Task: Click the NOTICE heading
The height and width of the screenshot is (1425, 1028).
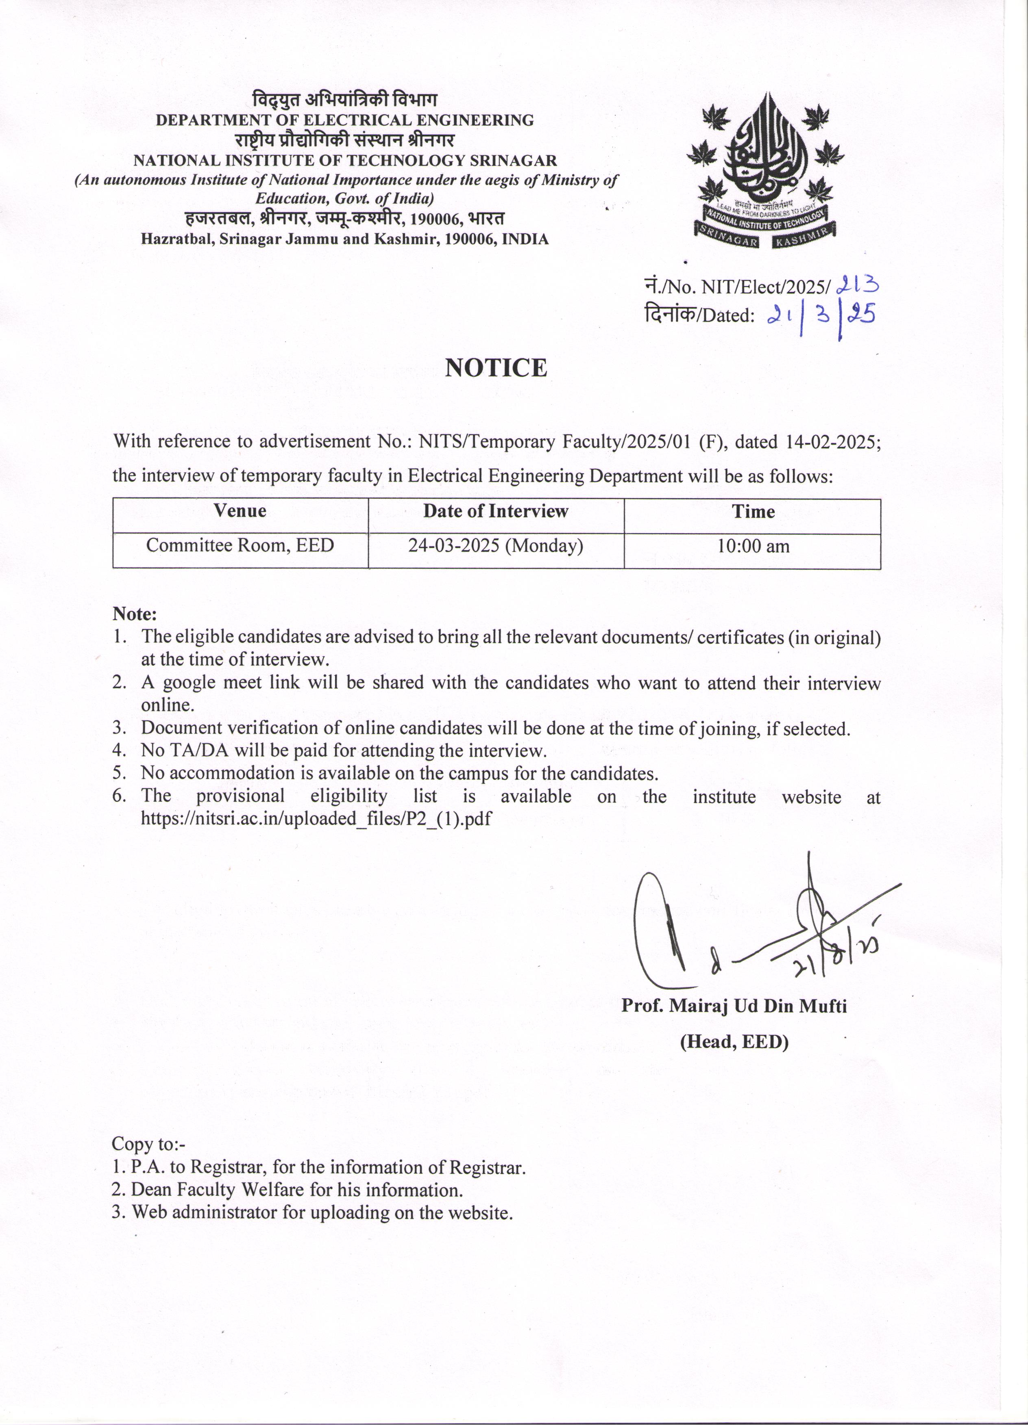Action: click(x=496, y=368)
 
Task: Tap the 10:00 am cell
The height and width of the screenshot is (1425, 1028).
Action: click(x=753, y=545)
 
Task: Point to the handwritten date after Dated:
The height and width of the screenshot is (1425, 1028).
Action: click(x=821, y=315)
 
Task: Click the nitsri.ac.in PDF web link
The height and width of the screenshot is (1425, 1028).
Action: click(x=316, y=819)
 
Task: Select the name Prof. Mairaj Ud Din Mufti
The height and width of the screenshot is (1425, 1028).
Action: click(x=734, y=1006)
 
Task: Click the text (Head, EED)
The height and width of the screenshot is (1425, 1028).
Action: click(x=734, y=1042)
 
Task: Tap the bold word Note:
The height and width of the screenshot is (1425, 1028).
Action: click(x=135, y=613)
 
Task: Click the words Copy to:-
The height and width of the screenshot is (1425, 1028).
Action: click(x=148, y=1143)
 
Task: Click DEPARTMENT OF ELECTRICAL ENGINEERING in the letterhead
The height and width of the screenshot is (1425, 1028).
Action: click(x=344, y=120)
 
